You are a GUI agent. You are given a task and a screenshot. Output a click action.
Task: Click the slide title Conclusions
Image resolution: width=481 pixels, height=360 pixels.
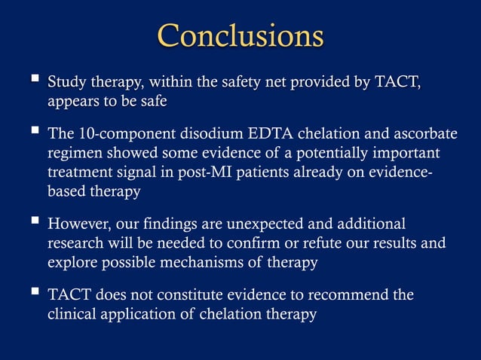click(240, 35)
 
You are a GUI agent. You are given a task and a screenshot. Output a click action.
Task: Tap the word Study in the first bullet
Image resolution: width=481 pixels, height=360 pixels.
click(66, 81)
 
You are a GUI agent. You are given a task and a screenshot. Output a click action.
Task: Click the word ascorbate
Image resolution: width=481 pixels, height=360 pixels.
click(422, 134)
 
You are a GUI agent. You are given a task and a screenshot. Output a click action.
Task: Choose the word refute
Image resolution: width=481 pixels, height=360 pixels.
click(317, 244)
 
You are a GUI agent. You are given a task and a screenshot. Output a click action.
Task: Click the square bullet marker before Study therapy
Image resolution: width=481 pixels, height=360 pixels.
click(35, 79)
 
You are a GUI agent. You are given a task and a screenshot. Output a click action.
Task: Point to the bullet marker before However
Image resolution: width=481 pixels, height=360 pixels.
click(35, 223)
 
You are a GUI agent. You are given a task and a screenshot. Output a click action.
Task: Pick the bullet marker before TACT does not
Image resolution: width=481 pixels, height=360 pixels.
click(35, 294)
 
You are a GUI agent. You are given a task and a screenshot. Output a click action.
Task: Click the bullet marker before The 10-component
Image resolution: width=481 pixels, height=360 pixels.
click(35, 133)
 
